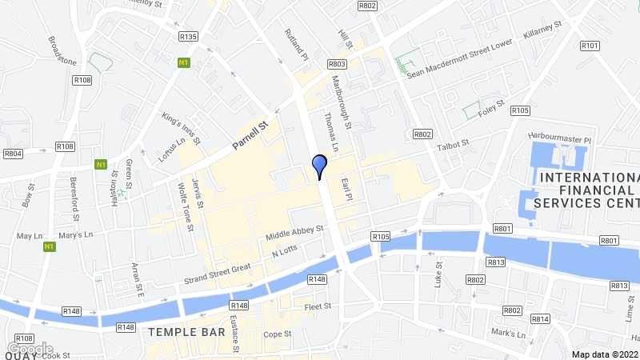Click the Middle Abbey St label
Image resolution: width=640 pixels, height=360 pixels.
(294, 232)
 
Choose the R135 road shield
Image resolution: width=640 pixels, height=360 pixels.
(189, 36)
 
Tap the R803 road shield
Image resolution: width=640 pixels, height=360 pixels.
(336, 63)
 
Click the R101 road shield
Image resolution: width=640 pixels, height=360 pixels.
(590, 46)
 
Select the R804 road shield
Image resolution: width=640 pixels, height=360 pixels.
(13, 153)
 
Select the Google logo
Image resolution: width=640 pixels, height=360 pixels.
(30, 349)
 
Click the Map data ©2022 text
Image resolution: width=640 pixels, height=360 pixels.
(605, 354)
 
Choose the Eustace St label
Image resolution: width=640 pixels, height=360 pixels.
(233, 334)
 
